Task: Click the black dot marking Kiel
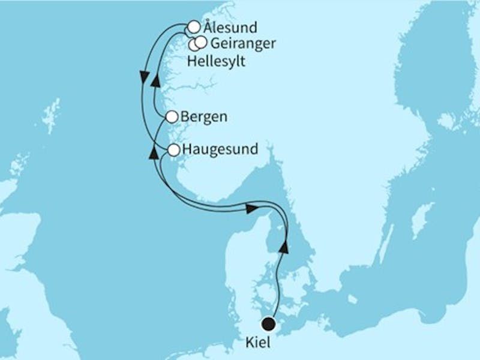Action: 269,324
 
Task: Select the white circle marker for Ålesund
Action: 193,27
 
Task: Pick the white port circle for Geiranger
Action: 201,42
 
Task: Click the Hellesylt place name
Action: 216,60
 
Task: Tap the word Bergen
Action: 203,117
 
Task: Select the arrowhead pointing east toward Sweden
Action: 252,208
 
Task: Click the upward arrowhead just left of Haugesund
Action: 154,154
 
